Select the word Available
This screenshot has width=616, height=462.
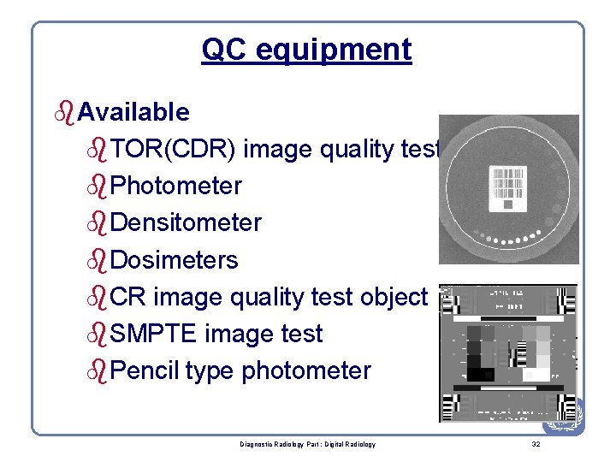click(133, 111)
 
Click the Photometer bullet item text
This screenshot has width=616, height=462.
click(176, 186)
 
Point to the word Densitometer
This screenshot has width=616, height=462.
click(186, 222)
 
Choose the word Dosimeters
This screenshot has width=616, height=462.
click(175, 259)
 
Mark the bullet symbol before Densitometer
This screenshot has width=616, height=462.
click(99, 223)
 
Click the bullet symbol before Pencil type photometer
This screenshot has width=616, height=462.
click(99, 371)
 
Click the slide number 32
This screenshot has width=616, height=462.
click(536, 444)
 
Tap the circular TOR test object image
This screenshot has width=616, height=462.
click(509, 190)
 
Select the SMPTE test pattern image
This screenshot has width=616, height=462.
click(508, 352)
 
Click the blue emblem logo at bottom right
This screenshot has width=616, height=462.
click(565, 417)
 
